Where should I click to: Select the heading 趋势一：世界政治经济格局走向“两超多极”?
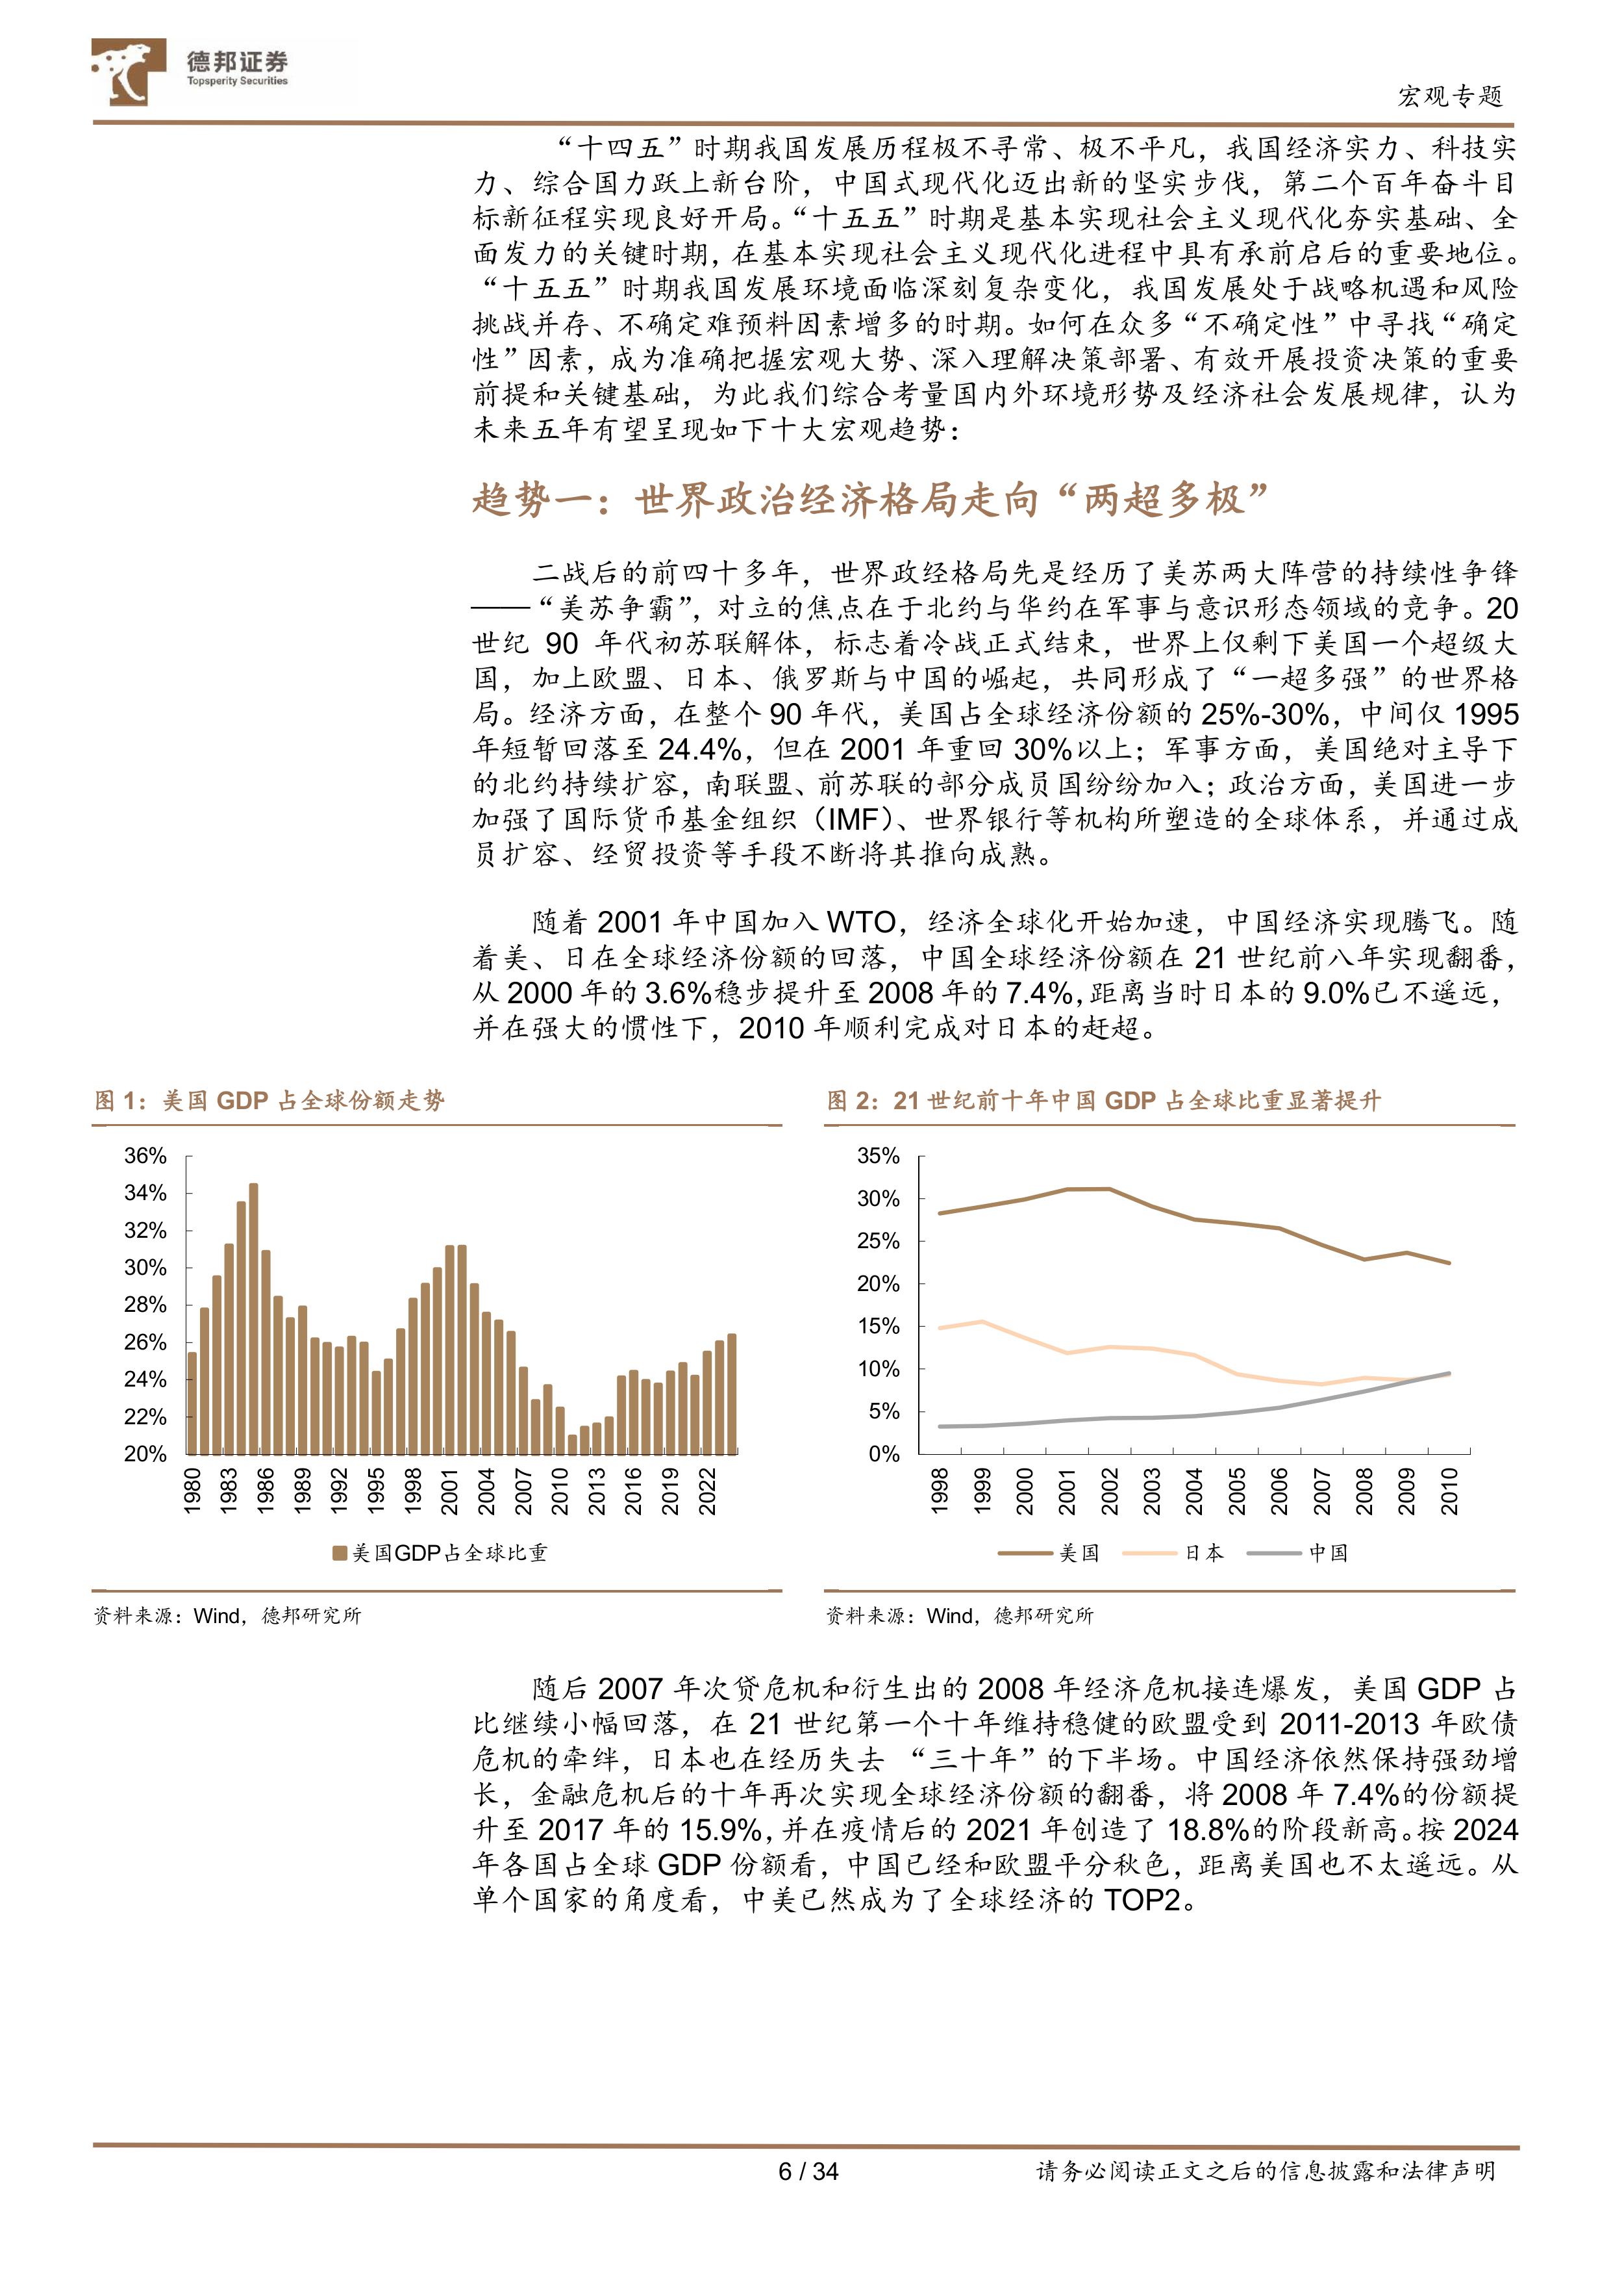tap(871, 500)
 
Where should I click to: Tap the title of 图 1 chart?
tap(270, 1100)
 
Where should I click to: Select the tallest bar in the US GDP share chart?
tap(253, 1321)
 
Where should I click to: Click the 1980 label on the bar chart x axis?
tap(193, 1492)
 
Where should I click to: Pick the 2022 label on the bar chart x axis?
tap(706, 1492)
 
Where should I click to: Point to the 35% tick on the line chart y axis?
tap(879, 1156)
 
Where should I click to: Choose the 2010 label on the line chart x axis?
tap(1449, 1492)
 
